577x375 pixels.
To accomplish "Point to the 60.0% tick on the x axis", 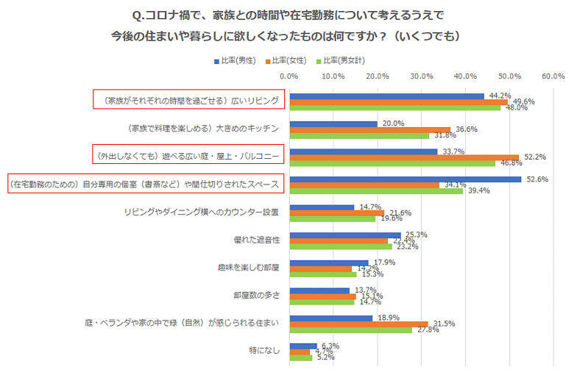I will [x=553, y=76].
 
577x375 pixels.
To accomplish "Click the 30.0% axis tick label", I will [x=421, y=76].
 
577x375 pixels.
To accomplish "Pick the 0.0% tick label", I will [x=289, y=76].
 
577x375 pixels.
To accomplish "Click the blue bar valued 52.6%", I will [x=405, y=179].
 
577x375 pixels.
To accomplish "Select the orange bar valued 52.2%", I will [x=404, y=157].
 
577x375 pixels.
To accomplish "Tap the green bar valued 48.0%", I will [x=394, y=108].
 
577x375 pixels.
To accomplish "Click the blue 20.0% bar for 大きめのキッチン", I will [x=333, y=124].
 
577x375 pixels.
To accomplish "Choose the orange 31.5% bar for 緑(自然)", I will [x=358, y=324].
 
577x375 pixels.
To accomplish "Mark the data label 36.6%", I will [x=466, y=129].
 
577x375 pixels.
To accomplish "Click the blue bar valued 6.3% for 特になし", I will [x=303, y=346].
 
